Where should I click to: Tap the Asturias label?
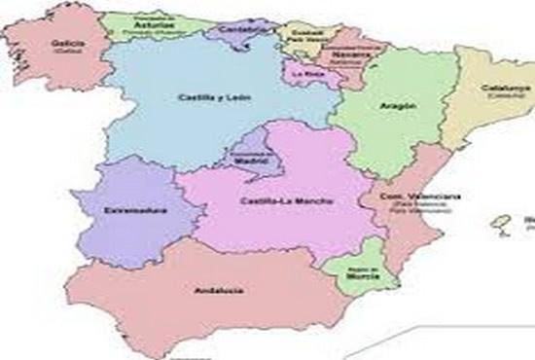tap(148, 23)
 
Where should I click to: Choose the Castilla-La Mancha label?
tap(279, 201)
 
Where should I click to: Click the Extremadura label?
tap(135, 210)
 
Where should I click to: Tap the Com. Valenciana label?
tap(409, 198)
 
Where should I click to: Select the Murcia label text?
tap(357, 275)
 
